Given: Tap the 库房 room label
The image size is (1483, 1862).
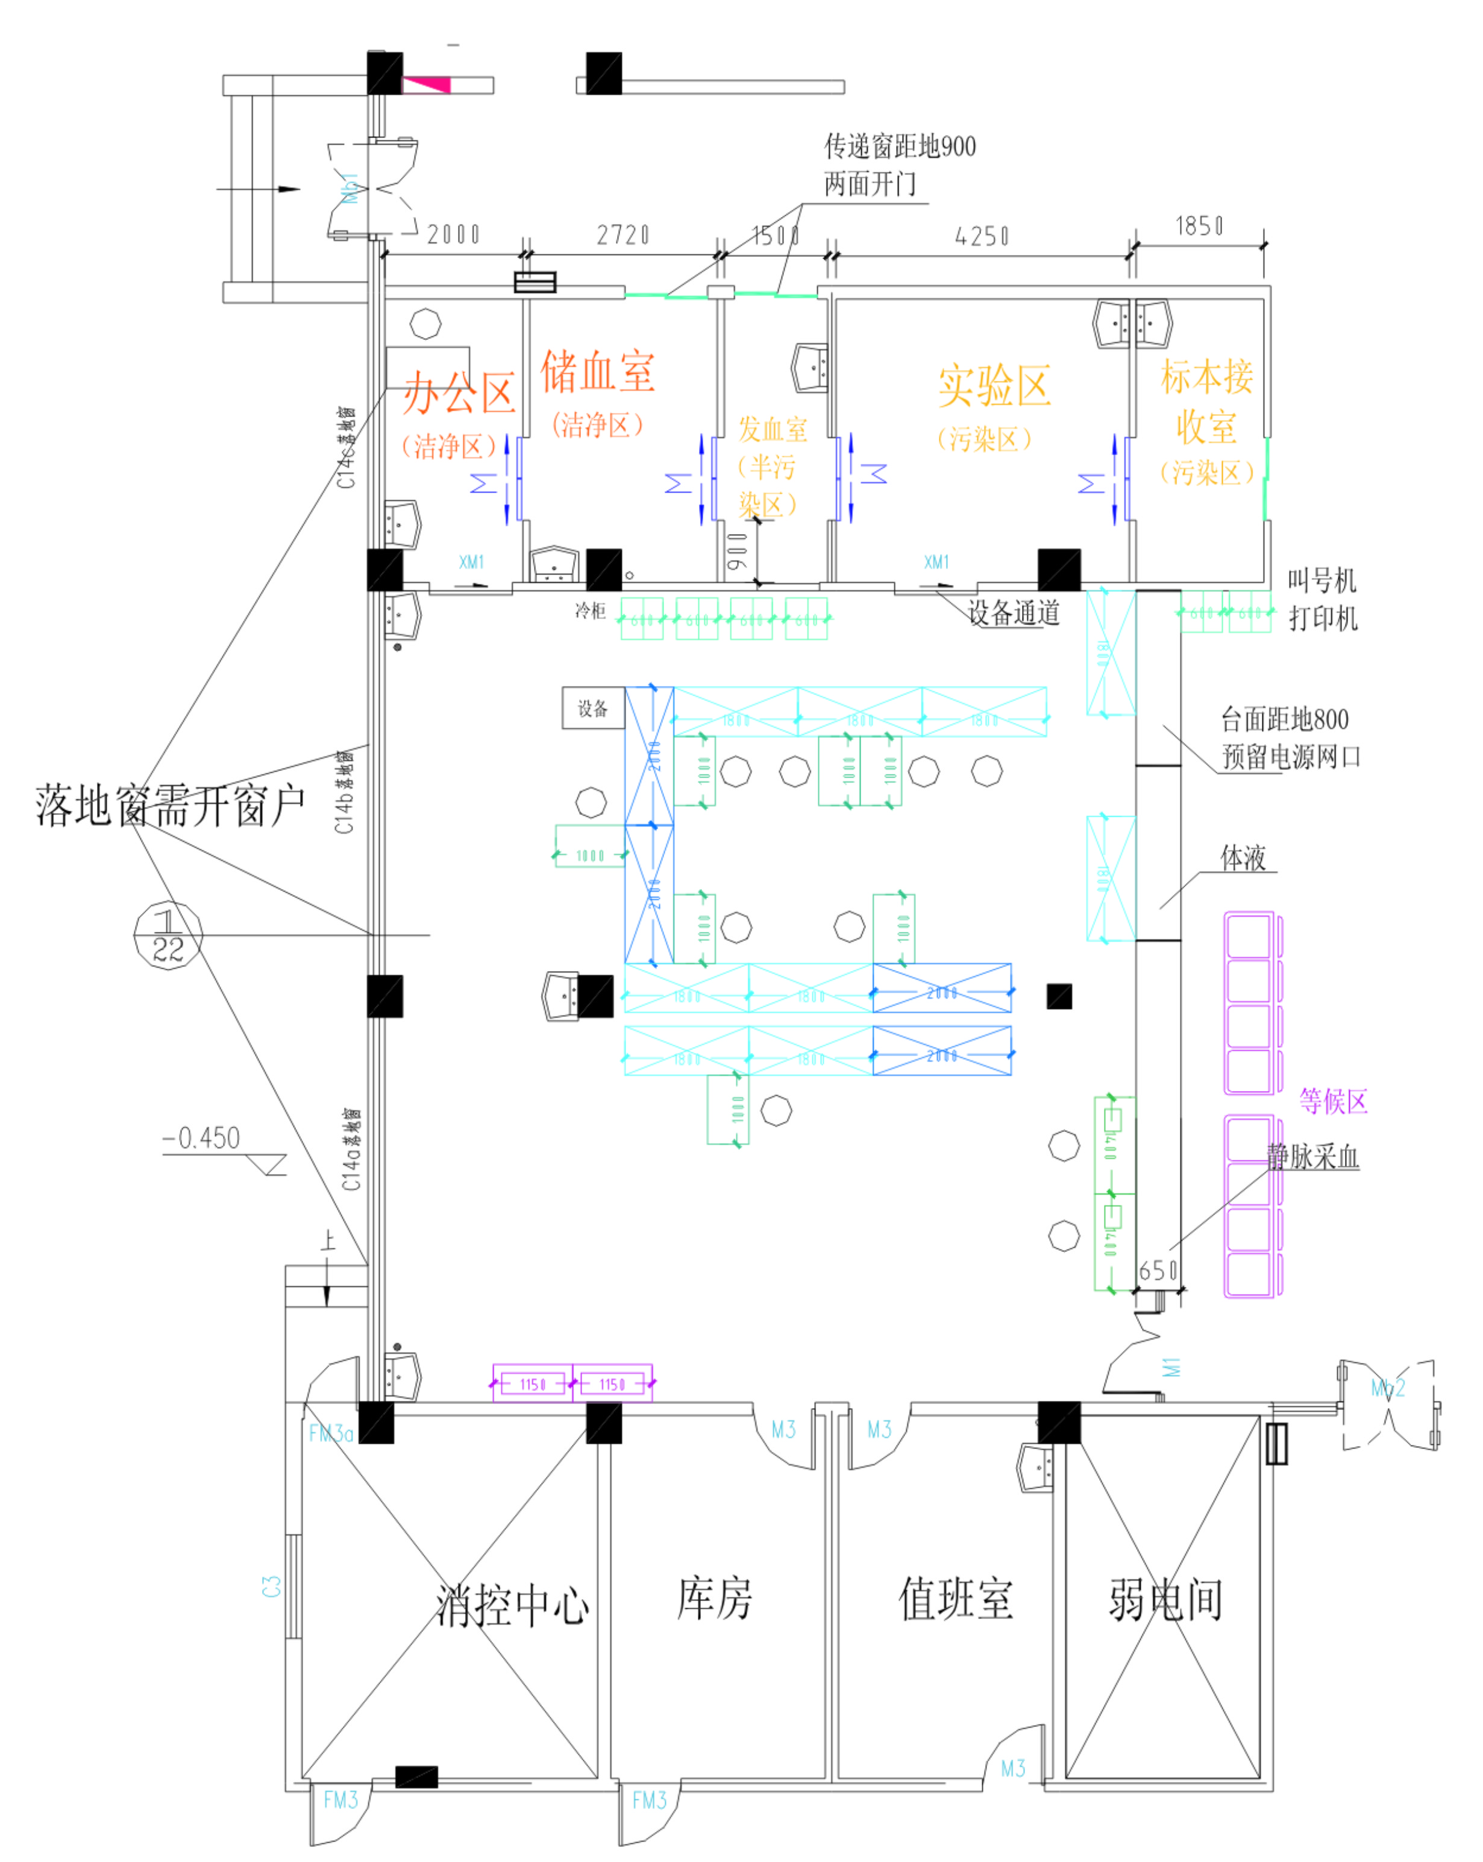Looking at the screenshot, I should [714, 1598].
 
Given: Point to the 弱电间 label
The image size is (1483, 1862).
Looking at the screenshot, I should [1165, 1599].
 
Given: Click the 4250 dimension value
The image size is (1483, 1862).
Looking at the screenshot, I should [982, 236].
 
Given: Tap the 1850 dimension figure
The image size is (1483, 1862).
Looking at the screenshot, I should [1199, 226].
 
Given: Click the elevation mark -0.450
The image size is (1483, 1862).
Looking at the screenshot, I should [202, 1138].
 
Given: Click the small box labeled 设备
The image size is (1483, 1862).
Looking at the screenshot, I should [593, 708].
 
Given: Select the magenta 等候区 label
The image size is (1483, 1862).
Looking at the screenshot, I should [1333, 1102].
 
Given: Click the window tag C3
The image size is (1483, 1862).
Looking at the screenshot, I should [272, 1586].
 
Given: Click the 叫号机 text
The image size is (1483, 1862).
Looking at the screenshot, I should [1322, 580].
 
